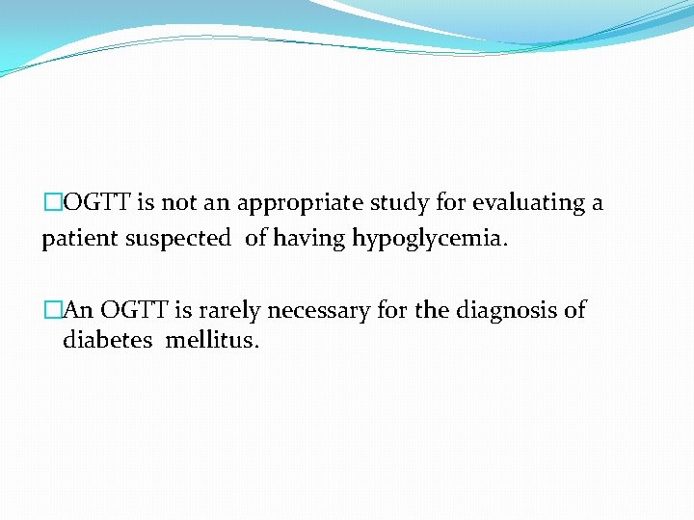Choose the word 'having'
(309, 239)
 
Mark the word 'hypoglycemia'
(429, 239)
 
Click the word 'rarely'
(229, 310)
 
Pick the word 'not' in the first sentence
(177, 204)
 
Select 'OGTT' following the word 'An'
(135, 310)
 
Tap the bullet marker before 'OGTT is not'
(52, 204)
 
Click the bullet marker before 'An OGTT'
(52, 310)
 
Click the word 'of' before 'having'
(255, 239)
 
